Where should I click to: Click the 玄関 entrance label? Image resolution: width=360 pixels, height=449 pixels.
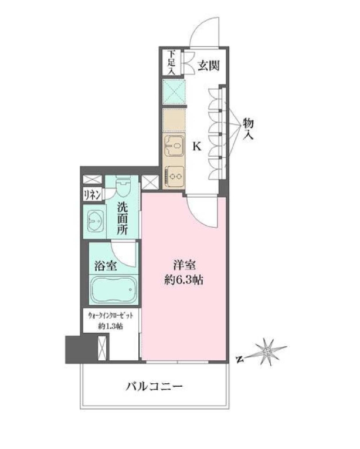point(208,66)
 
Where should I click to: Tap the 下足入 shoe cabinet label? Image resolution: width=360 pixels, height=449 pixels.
point(171,63)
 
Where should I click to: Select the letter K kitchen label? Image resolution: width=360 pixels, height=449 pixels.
point(197,147)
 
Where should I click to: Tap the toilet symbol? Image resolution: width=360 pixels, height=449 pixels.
point(124,187)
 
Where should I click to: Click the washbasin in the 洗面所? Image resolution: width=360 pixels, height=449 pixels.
point(94,221)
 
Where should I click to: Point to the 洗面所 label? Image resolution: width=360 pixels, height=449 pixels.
point(123,218)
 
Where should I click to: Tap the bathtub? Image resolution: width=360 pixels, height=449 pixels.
point(114,290)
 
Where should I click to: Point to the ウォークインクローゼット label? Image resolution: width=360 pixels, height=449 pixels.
point(110,315)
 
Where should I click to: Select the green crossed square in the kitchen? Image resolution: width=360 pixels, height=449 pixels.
point(173,92)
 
